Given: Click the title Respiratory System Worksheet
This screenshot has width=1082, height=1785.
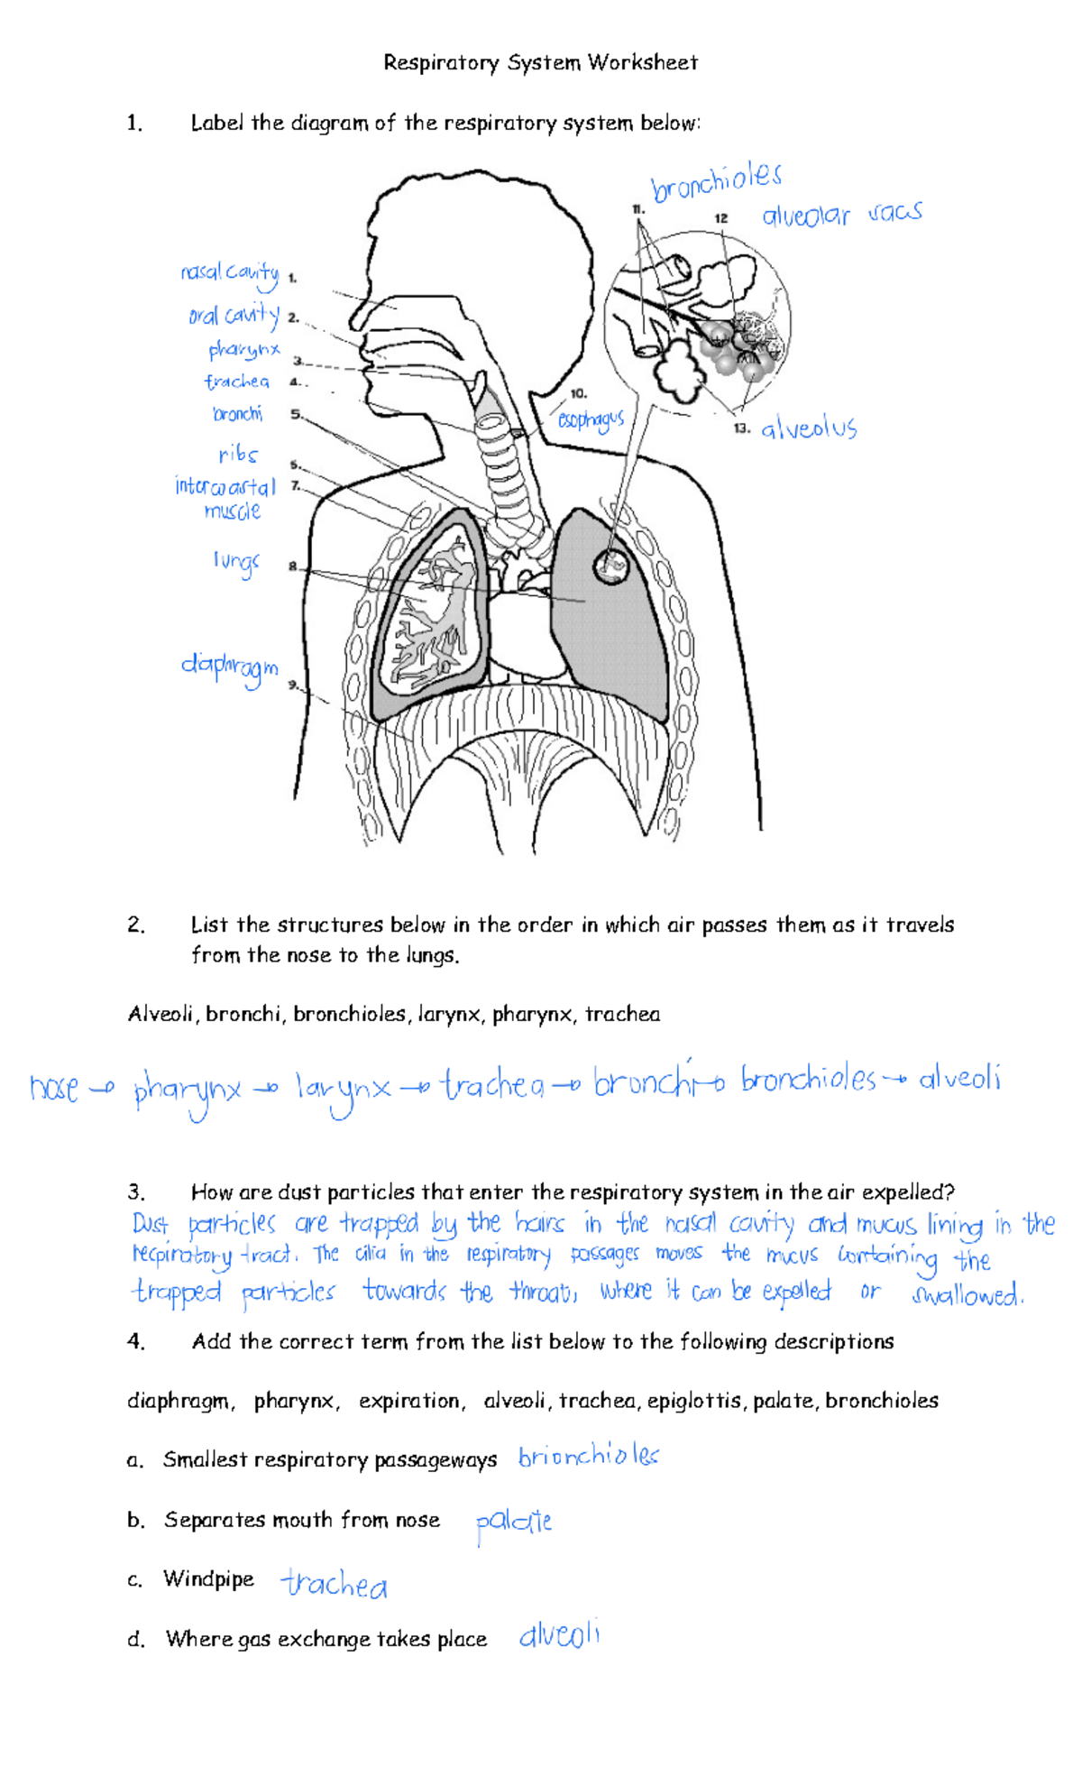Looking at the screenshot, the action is coord(540,63).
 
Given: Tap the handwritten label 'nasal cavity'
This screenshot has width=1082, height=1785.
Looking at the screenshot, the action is coord(229,272).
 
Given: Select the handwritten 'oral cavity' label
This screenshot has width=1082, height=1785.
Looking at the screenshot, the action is coord(234,315).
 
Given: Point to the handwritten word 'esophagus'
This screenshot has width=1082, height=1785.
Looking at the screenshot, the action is coord(591,419).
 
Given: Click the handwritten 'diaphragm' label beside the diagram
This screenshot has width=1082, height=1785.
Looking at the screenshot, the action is coord(229,668).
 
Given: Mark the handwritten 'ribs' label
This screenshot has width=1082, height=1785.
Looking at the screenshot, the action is coord(238,455).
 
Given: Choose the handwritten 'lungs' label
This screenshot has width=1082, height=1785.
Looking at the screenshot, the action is coord(236,562).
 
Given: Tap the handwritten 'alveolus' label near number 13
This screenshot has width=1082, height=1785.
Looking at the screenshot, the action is coord(809,428).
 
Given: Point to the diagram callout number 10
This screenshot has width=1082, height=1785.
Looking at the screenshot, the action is coord(578,393).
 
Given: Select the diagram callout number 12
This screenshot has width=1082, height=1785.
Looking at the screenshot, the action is coord(720,218).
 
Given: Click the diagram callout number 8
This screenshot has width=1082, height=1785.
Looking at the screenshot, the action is coord(292,566).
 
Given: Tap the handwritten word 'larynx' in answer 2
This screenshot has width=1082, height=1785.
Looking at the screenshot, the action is coord(343,1090).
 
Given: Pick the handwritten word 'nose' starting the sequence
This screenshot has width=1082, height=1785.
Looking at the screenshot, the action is coord(55,1089).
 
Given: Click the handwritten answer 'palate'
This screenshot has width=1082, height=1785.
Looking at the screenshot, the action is coord(514,1523).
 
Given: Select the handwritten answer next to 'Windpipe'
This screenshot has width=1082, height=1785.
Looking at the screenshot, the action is coord(334,1584).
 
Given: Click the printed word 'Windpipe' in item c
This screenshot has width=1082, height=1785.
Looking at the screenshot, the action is coord(208,1579).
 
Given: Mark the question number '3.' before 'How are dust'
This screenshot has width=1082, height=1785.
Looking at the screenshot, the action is coord(136,1192).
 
